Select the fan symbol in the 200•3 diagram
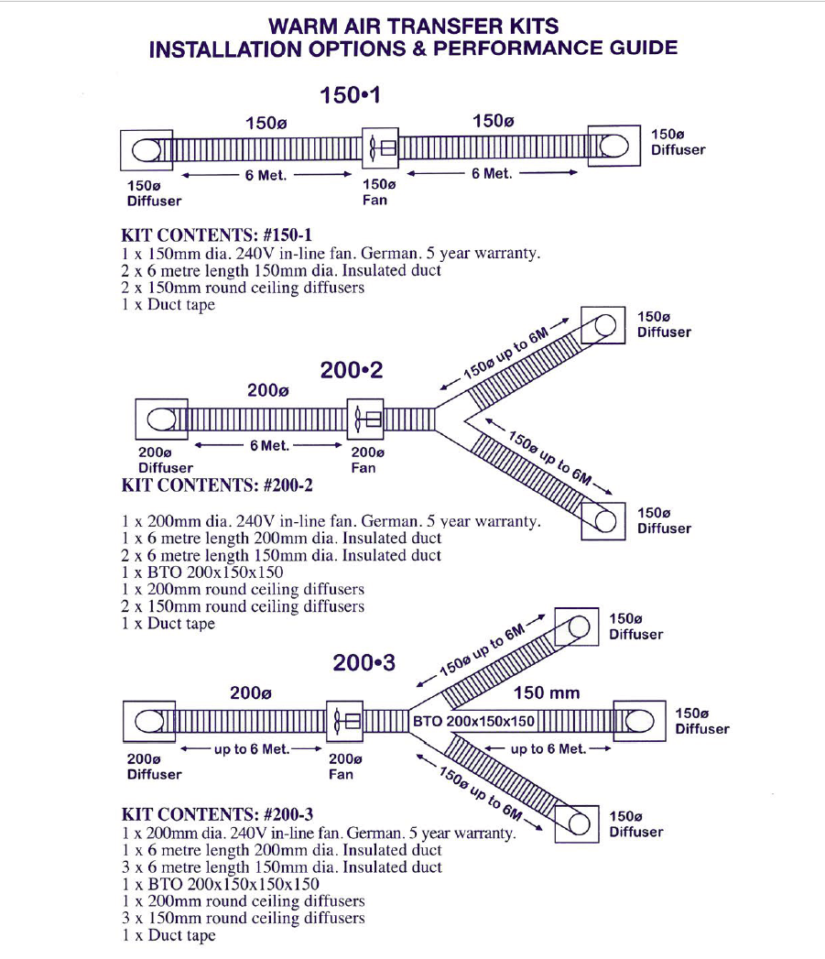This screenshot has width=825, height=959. tap(345, 721)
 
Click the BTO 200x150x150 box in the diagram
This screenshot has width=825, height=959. tap(473, 721)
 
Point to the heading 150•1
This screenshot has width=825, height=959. tap(349, 95)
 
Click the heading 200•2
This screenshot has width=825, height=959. tap(352, 370)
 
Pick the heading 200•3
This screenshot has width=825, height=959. tap(364, 662)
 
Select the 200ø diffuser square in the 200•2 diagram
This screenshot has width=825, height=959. tap(161, 419)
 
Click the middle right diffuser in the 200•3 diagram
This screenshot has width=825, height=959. tap(639, 722)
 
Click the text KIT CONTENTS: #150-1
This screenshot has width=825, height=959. tap(217, 235)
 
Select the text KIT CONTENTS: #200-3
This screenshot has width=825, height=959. tap(219, 815)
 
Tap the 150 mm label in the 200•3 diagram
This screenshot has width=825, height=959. tap(547, 692)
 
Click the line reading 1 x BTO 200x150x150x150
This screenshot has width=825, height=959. tap(221, 884)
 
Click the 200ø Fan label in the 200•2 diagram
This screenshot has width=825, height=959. tap(367, 460)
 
